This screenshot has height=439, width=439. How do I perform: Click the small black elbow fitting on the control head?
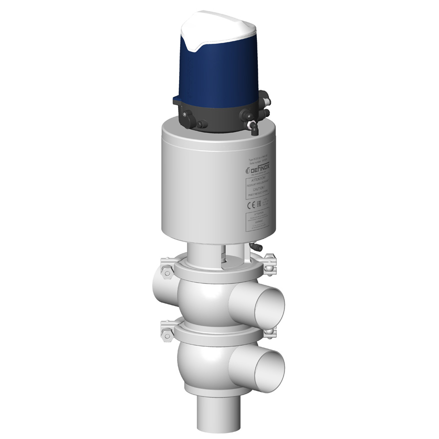pyautogui.click(x=253, y=129)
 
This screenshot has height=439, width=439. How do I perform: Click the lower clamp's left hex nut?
pyautogui.click(x=165, y=331)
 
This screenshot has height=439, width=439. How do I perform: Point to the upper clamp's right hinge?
pyautogui.click(x=270, y=264)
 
